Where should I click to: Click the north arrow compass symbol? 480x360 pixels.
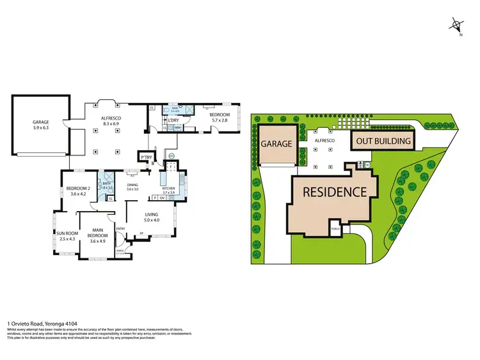[x=456, y=26]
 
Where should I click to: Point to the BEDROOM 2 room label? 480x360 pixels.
[x=78, y=191]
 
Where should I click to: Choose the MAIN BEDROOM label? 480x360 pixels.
[x=98, y=233]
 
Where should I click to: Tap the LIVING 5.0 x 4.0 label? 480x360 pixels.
[x=151, y=217]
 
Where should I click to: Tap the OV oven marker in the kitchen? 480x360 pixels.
[x=163, y=198]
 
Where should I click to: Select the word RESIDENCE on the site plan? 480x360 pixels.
[x=334, y=191]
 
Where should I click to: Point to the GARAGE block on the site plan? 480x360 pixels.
[x=276, y=145]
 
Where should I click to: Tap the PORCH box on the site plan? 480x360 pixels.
[x=334, y=227]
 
